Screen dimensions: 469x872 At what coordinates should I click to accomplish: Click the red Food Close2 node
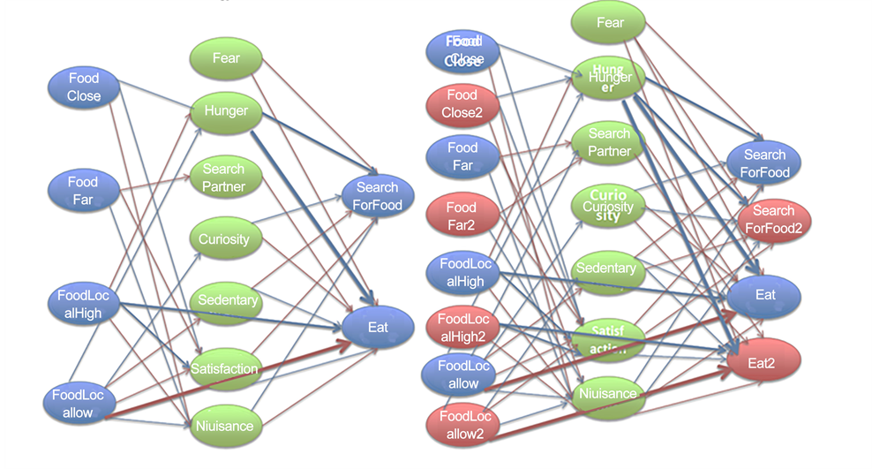[x=462, y=104]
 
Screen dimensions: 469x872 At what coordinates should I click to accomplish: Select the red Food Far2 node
[x=461, y=216]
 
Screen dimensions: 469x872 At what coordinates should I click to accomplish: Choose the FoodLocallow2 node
[x=463, y=425]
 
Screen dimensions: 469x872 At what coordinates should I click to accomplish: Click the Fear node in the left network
[x=226, y=59]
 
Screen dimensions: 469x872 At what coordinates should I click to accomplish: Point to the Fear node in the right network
[x=610, y=23]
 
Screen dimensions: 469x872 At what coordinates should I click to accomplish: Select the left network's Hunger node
[x=226, y=111]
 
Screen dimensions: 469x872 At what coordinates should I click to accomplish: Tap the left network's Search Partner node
[x=223, y=178]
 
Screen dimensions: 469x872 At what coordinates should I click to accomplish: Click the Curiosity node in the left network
[x=224, y=238]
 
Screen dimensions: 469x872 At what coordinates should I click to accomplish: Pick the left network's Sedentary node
[x=227, y=300]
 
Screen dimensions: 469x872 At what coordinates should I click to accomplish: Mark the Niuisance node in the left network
[x=225, y=426]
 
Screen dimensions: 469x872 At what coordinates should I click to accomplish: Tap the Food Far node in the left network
[x=83, y=191]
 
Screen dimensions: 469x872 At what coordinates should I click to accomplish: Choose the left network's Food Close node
[x=84, y=87]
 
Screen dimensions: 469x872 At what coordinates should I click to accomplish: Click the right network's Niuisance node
[x=608, y=394]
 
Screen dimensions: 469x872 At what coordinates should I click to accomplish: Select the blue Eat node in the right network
[x=764, y=294]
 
